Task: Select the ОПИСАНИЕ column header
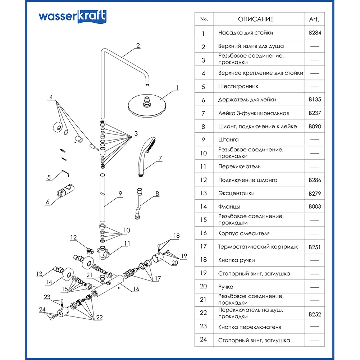coord(256,19)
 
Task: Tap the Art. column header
coord(314,19)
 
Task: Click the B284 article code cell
coord(315,33)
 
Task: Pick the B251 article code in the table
coord(315,247)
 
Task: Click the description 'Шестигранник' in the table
coord(238,86)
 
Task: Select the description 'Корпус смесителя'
coord(243,233)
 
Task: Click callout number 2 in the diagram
coord(138,46)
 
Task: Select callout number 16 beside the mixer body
coord(136,289)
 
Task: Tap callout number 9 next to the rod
coord(120,193)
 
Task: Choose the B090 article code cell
coord(315,127)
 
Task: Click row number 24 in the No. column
coord(204,340)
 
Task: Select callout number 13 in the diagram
coord(39,274)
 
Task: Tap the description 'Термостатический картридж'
coord(258,247)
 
